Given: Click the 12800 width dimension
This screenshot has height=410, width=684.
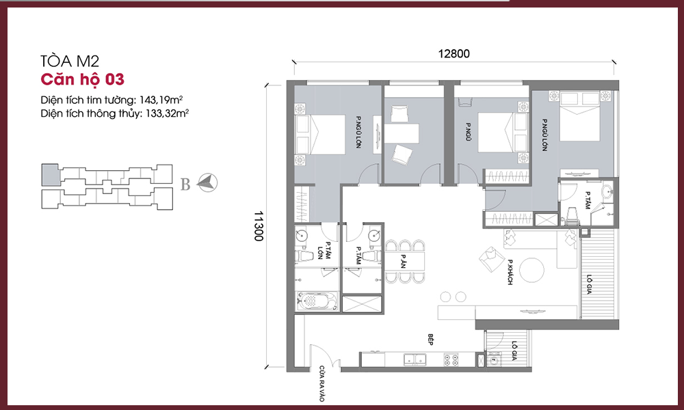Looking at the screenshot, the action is point(453,53).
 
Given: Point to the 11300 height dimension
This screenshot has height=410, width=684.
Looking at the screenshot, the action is point(259,226).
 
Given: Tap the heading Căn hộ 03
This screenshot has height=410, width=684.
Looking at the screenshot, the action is point(83,79).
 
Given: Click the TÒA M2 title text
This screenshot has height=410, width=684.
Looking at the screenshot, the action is point(70,61).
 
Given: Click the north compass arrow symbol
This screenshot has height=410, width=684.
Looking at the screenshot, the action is point(207,182).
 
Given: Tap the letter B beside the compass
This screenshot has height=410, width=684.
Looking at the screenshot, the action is point(185,184).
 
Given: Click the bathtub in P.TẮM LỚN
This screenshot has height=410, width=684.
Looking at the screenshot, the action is point(317,301).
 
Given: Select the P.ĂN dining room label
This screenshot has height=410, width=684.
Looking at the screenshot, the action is point(404,261).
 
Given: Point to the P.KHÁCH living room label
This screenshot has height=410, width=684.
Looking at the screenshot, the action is point(510,273).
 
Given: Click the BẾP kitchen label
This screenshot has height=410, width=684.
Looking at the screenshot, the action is point(430,340).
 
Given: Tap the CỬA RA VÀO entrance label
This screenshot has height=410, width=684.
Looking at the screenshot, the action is point(322,383).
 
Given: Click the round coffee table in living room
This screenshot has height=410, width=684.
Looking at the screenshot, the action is point(531,271).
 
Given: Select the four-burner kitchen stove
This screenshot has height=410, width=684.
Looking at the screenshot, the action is point(451,359).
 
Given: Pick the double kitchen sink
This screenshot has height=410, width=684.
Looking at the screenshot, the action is point(415,359).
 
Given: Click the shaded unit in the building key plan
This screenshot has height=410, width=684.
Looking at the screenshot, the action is point(50,174).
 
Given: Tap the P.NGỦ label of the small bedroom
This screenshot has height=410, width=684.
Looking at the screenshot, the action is point(468,132).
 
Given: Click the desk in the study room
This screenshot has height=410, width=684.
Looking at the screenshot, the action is point(402,133).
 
